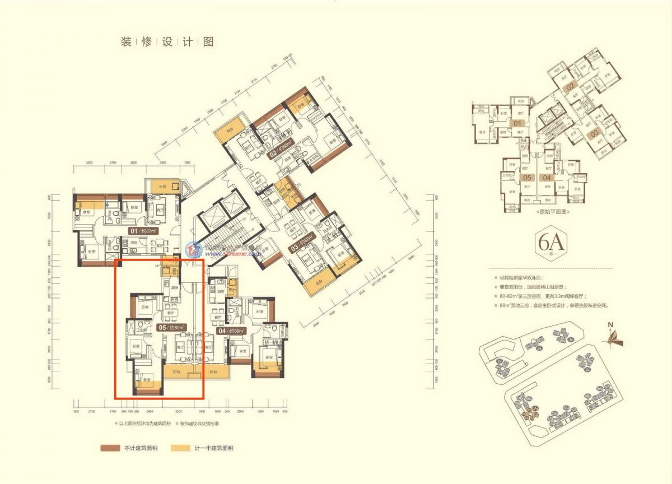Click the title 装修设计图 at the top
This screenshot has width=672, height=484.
[167, 42]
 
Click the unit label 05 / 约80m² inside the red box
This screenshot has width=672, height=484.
[172, 327]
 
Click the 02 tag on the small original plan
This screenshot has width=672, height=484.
[570, 87]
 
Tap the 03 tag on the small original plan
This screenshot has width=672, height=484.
[594, 132]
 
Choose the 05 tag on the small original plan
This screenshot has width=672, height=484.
[527, 178]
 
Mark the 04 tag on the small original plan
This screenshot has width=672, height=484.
[548, 178]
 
